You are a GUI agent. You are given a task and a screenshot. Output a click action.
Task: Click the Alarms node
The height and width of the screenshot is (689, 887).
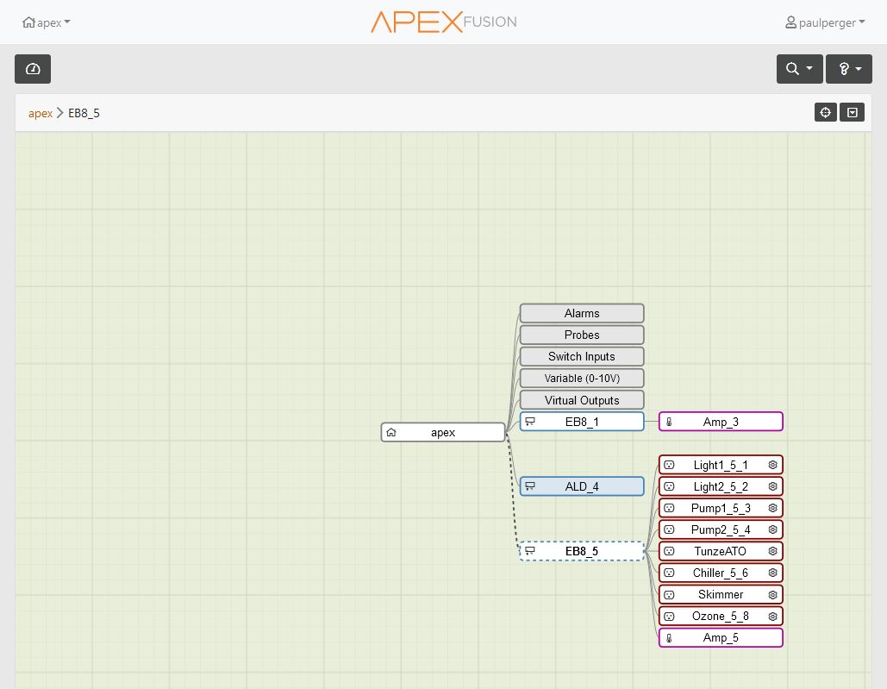click(582, 313)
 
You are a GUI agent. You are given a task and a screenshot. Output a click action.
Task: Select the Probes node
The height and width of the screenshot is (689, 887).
click(582, 335)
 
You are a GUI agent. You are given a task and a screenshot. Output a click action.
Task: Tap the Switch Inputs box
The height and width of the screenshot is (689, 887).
click(582, 356)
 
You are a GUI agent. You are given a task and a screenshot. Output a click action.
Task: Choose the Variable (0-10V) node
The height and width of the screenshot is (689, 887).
click(582, 378)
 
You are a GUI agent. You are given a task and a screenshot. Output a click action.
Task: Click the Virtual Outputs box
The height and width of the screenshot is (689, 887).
click(582, 400)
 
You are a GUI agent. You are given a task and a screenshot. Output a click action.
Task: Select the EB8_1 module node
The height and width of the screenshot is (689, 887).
click(582, 422)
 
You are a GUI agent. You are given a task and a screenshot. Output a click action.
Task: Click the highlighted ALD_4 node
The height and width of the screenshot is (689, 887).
click(582, 486)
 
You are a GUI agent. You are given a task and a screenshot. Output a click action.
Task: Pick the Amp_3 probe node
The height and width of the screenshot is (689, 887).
click(721, 422)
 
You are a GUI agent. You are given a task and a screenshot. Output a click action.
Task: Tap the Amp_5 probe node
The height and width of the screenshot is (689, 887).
click(721, 637)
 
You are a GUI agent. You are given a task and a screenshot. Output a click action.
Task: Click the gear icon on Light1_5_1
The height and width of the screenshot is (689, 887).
click(772, 465)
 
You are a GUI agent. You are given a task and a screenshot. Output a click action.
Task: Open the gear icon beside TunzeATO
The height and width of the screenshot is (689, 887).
click(772, 551)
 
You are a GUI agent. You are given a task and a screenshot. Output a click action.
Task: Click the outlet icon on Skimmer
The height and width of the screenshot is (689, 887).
click(669, 594)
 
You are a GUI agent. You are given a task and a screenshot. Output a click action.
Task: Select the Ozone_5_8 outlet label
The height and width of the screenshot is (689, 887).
click(720, 616)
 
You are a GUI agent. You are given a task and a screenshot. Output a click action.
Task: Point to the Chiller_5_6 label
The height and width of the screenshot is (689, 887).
click(720, 573)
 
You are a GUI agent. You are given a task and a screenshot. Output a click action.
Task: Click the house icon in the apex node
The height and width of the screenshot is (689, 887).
click(390, 432)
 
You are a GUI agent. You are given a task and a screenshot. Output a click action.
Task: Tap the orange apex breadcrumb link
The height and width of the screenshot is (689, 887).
click(41, 113)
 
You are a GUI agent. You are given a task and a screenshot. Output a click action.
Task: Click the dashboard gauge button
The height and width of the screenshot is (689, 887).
click(33, 69)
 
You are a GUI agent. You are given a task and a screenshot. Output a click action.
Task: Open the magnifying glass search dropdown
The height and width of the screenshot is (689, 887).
click(799, 69)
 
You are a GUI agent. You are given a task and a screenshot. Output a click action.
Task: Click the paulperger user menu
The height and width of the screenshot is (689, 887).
click(825, 22)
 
